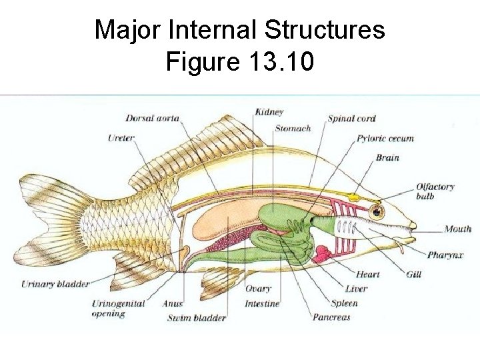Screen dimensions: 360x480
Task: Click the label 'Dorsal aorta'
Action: point(153,118)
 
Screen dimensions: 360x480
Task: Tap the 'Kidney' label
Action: point(269,112)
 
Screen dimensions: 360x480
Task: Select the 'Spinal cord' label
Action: point(351,119)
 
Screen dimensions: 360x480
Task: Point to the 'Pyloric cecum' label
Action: point(385,139)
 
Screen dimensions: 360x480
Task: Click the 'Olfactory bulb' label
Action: point(435,191)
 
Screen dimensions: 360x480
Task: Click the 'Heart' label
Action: point(367,274)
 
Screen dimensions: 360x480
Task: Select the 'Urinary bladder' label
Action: point(55,284)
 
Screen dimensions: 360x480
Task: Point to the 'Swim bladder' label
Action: point(197,317)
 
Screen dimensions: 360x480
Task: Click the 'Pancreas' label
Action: point(331,317)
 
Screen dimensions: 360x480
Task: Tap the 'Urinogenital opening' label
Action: point(118,308)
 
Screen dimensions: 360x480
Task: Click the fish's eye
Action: point(378,213)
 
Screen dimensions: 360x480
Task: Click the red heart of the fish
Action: point(323,254)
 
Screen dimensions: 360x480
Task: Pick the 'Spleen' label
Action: point(343,303)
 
